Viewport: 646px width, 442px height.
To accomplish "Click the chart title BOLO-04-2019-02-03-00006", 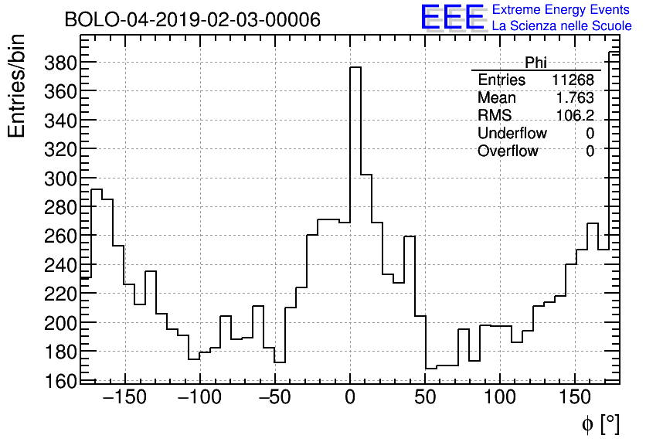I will (x=192, y=20).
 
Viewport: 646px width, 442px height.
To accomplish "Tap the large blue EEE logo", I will (x=452, y=17).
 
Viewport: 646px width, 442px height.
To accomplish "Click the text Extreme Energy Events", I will (x=561, y=10).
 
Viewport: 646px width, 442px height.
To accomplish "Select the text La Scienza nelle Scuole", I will (x=561, y=26).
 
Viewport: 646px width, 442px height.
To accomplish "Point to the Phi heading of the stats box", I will (x=535, y=63).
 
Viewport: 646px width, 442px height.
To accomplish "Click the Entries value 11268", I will (x=573, y=80).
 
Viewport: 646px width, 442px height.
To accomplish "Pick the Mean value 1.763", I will (x=575, y=98).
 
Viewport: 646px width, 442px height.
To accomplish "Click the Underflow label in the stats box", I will (x=512, y=134).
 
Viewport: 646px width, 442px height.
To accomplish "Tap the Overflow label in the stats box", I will (x=508, y=151).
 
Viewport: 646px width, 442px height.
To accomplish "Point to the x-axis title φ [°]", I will (x=600, y=423).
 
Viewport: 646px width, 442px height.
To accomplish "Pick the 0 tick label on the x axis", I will (x=350, y=398).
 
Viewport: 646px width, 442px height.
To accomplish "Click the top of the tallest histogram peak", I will (x=355, y=67).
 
